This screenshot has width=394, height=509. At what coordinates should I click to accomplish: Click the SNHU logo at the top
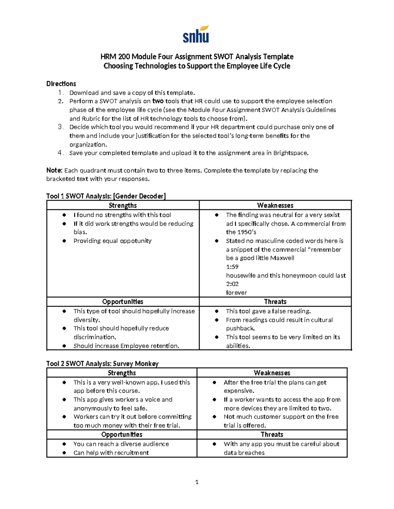point(196,34)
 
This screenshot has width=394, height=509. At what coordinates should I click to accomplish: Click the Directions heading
point(61,84)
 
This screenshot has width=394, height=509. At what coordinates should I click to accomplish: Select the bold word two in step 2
point(158,101)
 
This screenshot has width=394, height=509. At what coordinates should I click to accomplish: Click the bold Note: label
point(54,170)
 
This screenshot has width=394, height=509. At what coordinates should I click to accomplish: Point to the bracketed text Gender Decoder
point(139,196)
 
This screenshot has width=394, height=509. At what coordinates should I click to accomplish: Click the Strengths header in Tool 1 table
point(123,206)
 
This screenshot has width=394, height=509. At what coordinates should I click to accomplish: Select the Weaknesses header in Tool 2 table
point(272,373)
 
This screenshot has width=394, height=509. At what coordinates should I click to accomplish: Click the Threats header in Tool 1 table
point(275,302)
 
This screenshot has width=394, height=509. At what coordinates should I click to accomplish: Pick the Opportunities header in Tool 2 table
point(122,435)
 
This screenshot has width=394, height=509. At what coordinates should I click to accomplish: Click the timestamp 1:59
point(232,267)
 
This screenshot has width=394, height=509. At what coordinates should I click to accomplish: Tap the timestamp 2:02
point(232,284)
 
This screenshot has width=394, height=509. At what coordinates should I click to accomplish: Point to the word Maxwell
point(281,258)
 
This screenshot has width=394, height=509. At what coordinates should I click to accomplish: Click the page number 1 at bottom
point(197,482)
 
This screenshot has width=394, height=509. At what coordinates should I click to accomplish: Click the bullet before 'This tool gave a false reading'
point(217,311)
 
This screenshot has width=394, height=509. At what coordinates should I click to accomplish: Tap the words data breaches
point(244,453)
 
